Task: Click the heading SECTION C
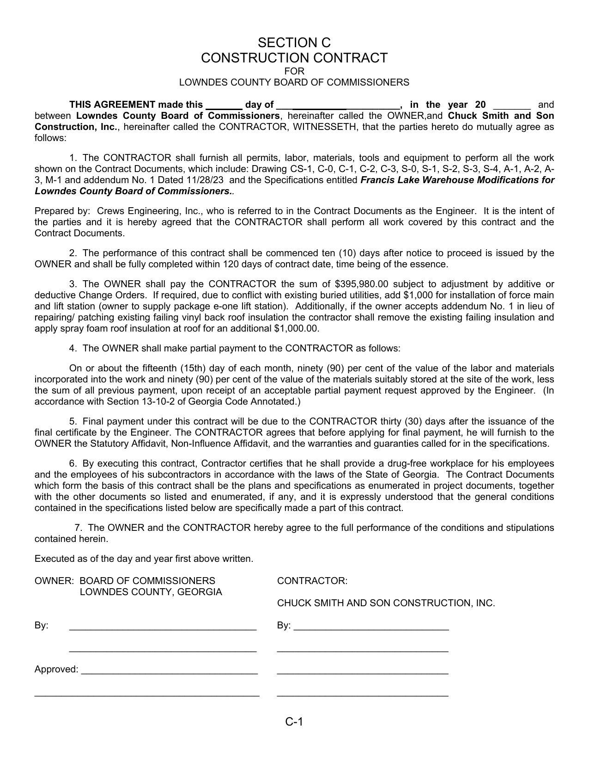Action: [x=294, y=43]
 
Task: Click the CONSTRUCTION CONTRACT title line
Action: [x=294, y=58]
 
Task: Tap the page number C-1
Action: [x=294, y=721]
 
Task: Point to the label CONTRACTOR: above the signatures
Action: [x=312, y=581]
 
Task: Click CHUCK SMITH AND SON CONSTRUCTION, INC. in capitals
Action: [x=386, y=603]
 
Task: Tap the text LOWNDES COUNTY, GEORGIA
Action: [x=151, y=592]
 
